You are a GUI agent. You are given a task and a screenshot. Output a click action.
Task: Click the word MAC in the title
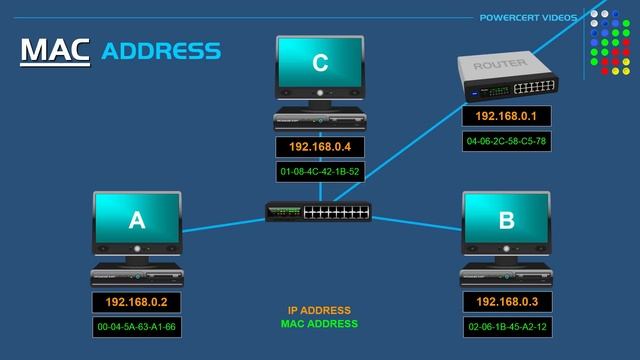[55, 50]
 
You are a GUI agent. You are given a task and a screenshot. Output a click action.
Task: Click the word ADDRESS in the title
[161, 50]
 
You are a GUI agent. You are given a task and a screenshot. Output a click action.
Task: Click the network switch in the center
[318, 212]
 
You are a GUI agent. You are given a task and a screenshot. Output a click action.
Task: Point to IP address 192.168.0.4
[320, 147]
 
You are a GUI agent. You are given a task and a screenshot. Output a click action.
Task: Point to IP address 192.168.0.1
[506, 117]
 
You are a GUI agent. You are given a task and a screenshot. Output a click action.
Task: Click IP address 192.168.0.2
[136, 301]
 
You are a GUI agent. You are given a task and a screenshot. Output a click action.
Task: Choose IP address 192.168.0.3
[506, 301]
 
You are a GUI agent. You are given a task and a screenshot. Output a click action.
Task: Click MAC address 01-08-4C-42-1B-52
[320, 171]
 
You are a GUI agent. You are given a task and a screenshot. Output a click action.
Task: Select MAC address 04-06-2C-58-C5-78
[506, 141]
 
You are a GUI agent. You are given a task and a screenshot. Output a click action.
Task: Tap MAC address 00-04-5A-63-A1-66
[136, 326]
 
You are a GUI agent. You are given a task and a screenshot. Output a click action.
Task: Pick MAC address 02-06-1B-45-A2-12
[506, 326]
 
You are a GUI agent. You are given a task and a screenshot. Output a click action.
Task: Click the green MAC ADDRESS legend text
[319, 324]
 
